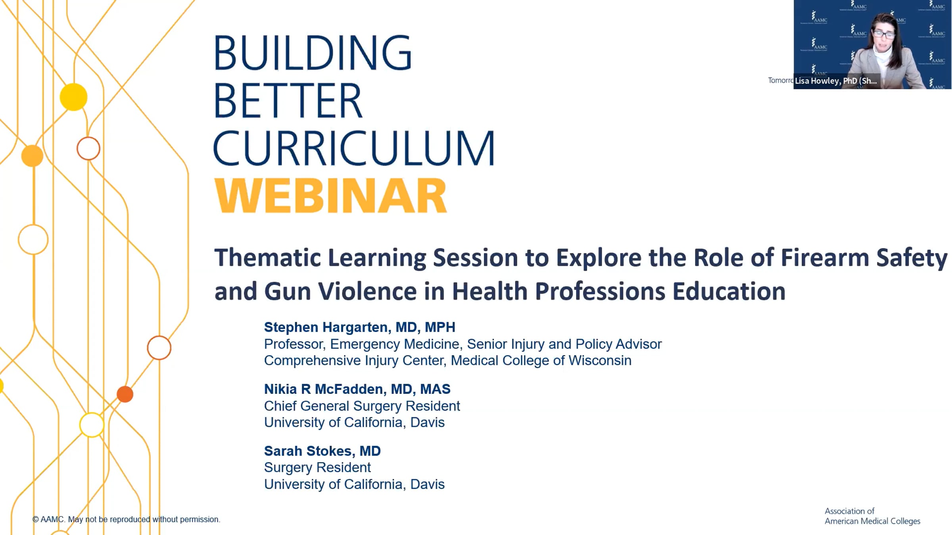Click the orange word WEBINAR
point(330,195)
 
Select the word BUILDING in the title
point(313,53)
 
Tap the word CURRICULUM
point(354,148)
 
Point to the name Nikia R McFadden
point(325,389)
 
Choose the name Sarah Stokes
point(309,451)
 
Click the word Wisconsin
point(600,360)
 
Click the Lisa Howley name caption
point(836,81)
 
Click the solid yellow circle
point(74,97)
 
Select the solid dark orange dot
point(125,394)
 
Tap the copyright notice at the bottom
point(126,519)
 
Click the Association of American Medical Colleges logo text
point(872,516)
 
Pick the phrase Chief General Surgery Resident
point(362,406)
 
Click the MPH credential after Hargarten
point(440,327)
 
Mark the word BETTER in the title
point(288,100)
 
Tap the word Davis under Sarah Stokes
point(427,484)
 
